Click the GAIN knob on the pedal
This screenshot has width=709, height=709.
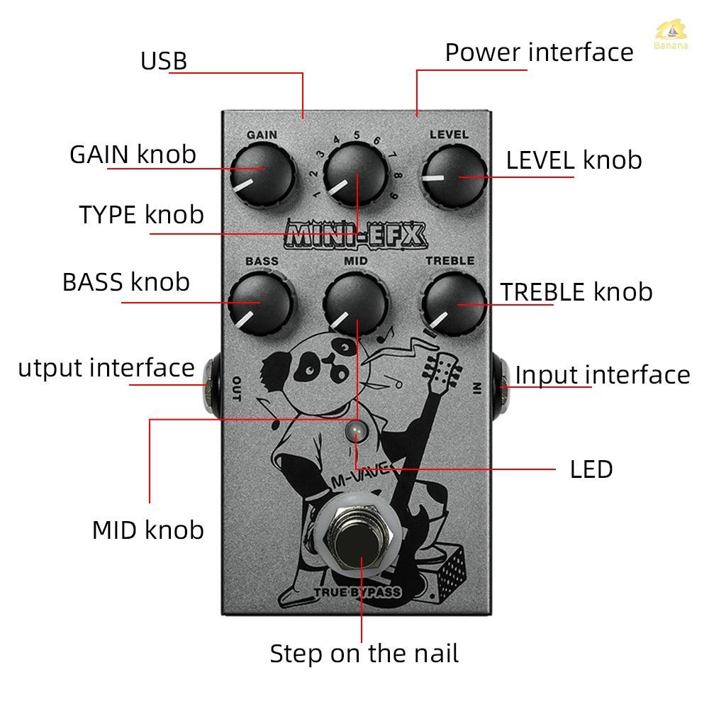click(262, 174)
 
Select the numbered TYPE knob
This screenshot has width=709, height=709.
click(357, 174)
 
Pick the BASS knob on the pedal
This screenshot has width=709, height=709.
click(261, 303)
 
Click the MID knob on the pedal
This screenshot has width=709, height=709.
click(357, 303)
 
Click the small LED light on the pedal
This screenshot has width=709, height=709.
click(356, 430)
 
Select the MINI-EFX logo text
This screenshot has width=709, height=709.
click(356, 235)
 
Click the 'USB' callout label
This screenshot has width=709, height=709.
click(164, 61)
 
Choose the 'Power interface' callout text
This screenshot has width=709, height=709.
click(539, 52)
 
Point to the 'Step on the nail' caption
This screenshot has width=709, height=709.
click(364, 654)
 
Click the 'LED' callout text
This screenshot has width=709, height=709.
click(591, 469)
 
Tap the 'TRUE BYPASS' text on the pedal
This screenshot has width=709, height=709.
click(357, 592)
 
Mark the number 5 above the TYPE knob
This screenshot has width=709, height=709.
click(357, 135)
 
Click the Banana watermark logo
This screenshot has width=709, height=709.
click(671, 34)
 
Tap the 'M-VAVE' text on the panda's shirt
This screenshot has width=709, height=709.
click(360, 475)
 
